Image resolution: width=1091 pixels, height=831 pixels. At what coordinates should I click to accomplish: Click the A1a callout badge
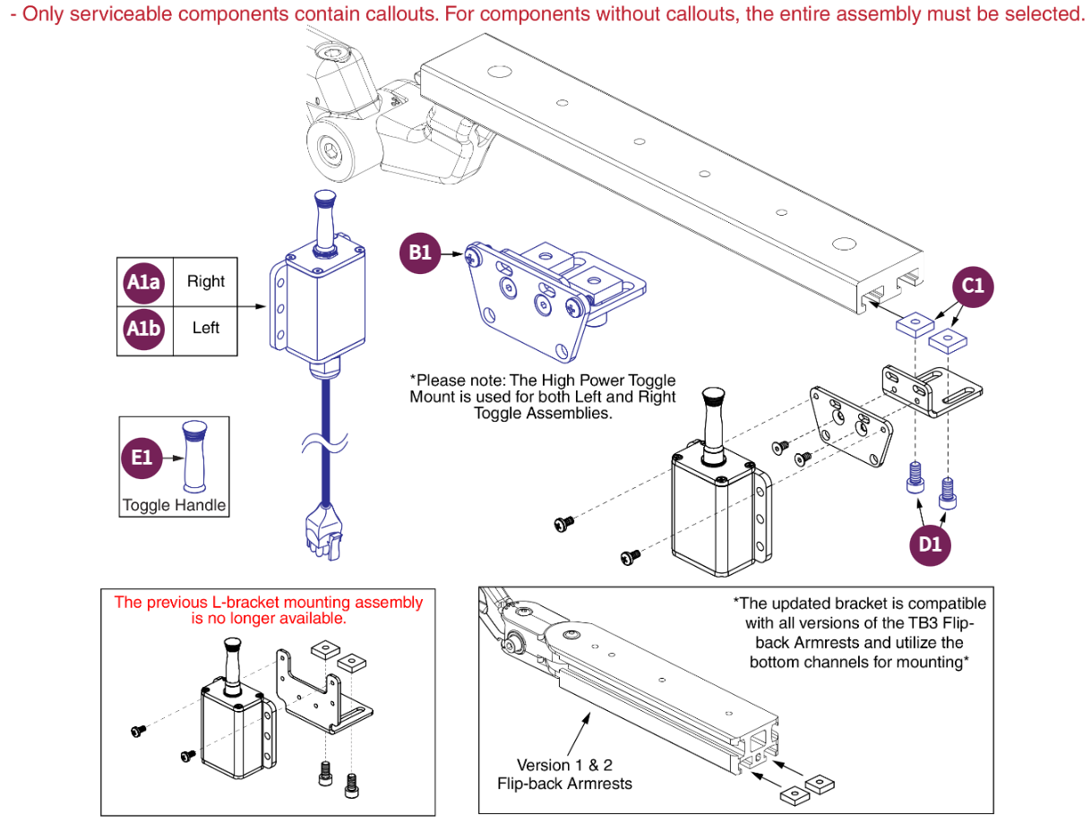pyautogui.click(x=142, y=282)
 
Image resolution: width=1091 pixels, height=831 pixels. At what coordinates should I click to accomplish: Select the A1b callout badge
pyautogui.click(x=142, y=328)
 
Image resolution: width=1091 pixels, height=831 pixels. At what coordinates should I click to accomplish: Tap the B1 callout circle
pyautogui.click(x=420, y=253)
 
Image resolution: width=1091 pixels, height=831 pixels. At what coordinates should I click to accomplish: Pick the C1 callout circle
pyautogui.click(x=972, y=286)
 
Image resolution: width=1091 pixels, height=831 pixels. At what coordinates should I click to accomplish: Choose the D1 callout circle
pyautogui.click(x=931, y=542)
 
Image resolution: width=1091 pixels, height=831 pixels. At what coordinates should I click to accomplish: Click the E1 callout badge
pyautogui.click(x=142, y=458)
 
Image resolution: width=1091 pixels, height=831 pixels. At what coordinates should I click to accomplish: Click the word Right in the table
pyautogui.click(x=206, y=281)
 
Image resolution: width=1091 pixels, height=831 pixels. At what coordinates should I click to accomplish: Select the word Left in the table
pyautogui.click(x=206, y=328)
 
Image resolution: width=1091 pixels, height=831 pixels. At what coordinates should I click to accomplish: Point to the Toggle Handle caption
pyautogui.click(x=175, y=505)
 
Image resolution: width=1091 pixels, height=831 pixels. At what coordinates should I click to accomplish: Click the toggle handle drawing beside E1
pyautogui.click(x=194, y=457)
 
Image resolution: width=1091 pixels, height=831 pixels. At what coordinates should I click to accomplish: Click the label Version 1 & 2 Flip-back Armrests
pyautogui.click(x=564, y=775)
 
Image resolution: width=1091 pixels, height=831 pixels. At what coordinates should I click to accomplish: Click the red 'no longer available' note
pyautogui.click(x=268, y=610)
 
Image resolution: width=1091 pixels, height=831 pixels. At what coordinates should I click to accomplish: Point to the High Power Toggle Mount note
pyautogui.click(x=543, y=397)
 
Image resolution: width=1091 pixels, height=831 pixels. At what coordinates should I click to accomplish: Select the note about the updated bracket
pyautogui.click(x=859, y=632)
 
